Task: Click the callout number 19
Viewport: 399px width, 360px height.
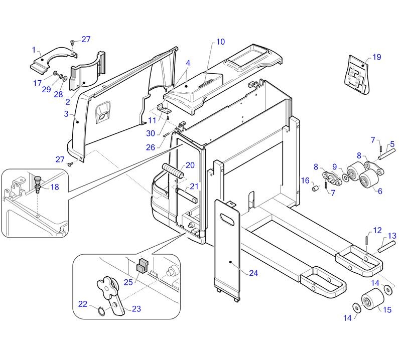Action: [x=376, y=57]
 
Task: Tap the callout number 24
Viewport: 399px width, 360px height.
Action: [x=253, y=273]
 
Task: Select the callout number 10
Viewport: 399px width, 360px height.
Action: [x=220, y=42]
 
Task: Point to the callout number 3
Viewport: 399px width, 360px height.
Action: [x=66, y=114]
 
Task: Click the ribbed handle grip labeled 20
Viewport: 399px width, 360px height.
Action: [x=173, y=171]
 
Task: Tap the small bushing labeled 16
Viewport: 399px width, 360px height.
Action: [x=316, y=189]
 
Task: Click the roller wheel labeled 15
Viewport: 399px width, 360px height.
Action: [x=373, y=299]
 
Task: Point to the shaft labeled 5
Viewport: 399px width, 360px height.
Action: [x=387, y=154]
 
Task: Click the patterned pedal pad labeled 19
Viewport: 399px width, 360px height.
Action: [x=357, y=75]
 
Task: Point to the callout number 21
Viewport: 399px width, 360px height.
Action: [x=194, y=187]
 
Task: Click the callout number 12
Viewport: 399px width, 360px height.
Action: [x=377, y=230]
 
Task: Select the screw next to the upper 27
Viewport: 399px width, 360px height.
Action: [x=72, y=42]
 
